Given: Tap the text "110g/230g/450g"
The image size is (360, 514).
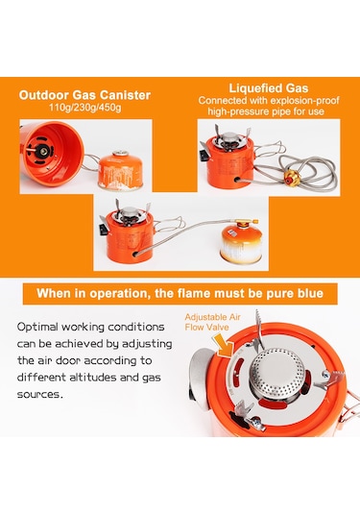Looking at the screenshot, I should point(93,110).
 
